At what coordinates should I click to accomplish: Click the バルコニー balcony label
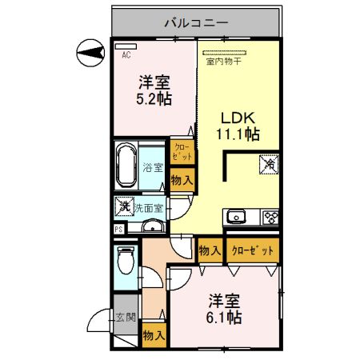pyautogui.click(x=196, y=22)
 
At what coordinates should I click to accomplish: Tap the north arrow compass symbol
pyautogui.click(x=90, y=54)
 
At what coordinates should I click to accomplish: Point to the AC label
pyautogui.click(x=126, y=55)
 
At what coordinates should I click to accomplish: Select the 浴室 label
pyautogui.click(x=153, y=168)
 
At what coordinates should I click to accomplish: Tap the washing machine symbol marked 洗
pyautogui.click(x=123, y=207)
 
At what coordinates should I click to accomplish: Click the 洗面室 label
pyautogui.click(x=148, y=208)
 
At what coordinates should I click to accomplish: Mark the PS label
pyautogui.click(x=118, y=230)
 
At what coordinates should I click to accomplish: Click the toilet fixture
pyautogui.click(x=126, y=261)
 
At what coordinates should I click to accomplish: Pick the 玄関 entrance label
pyautogui.click(x=124, y=317)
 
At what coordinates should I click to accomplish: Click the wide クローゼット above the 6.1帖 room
pyautogui.click(x=253, y=250)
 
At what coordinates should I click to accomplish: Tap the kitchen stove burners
pyautogui.click(x=268, y=217)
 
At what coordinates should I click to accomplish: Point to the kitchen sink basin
pyautogui.click(x=237, y=217)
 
